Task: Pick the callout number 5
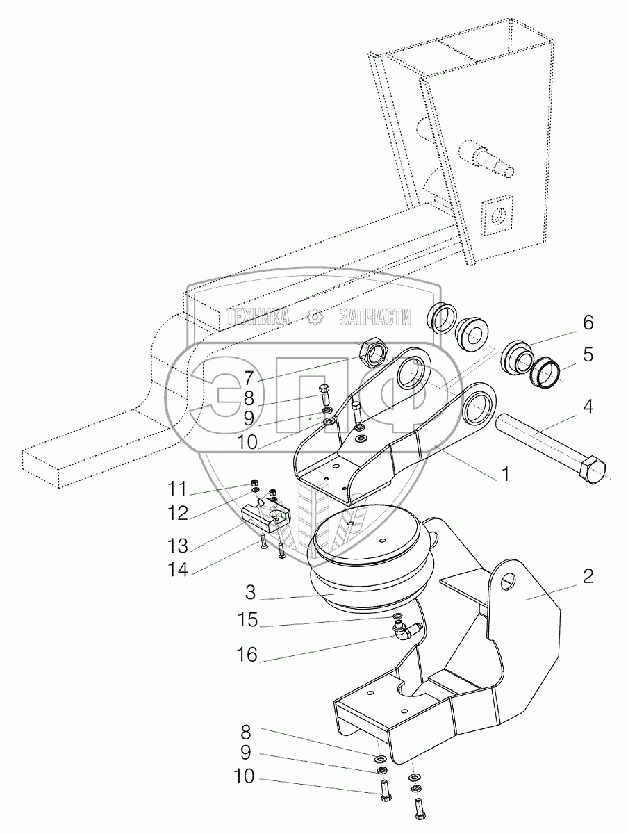click(588, 355)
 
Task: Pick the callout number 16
click(248, 655)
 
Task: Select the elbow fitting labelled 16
click(404, 631)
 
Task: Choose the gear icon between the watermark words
click(316, 318)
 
